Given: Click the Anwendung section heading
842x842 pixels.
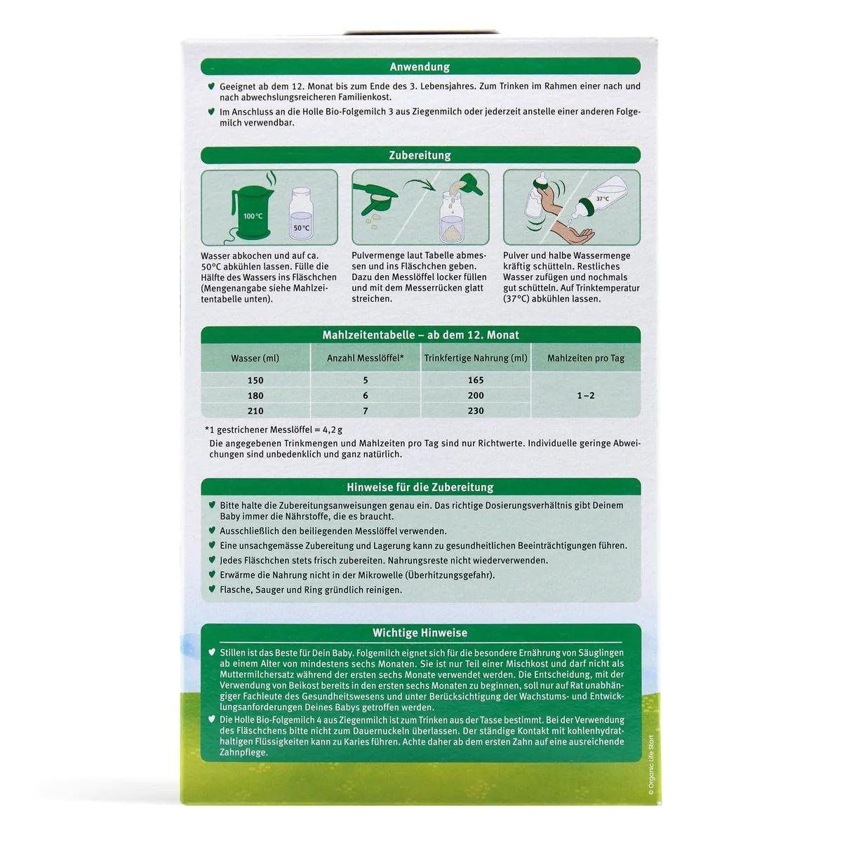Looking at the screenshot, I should [x=420, y=67].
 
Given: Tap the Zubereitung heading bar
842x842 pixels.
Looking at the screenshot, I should [x=420, y=155].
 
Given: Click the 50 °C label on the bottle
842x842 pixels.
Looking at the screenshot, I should [x=301, y=228].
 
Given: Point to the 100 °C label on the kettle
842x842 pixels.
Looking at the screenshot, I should [x=253, y=216].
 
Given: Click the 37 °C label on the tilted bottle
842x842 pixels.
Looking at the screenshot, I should [x=602, y=199].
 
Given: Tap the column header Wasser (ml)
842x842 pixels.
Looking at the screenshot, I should [x=255, y=359].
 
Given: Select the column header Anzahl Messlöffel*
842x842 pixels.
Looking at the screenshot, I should [x=365, y=359].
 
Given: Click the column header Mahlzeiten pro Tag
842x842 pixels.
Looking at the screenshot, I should [x=585, y=359].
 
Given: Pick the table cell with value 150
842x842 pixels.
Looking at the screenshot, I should [x=255, y=380].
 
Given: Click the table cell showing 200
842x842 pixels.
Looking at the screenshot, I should [x=476, y=396].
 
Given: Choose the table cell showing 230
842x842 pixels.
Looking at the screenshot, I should [x=476, y=411].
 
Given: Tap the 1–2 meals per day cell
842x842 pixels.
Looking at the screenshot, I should [x=585, y=396].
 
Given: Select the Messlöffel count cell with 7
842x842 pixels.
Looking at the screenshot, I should [x=365, y=411].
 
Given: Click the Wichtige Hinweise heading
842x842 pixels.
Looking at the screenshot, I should [x=420, y=633].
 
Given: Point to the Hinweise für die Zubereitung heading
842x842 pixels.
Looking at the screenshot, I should [x=420, y=487].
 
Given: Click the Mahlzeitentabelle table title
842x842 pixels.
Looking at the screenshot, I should [x=420, y=335].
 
